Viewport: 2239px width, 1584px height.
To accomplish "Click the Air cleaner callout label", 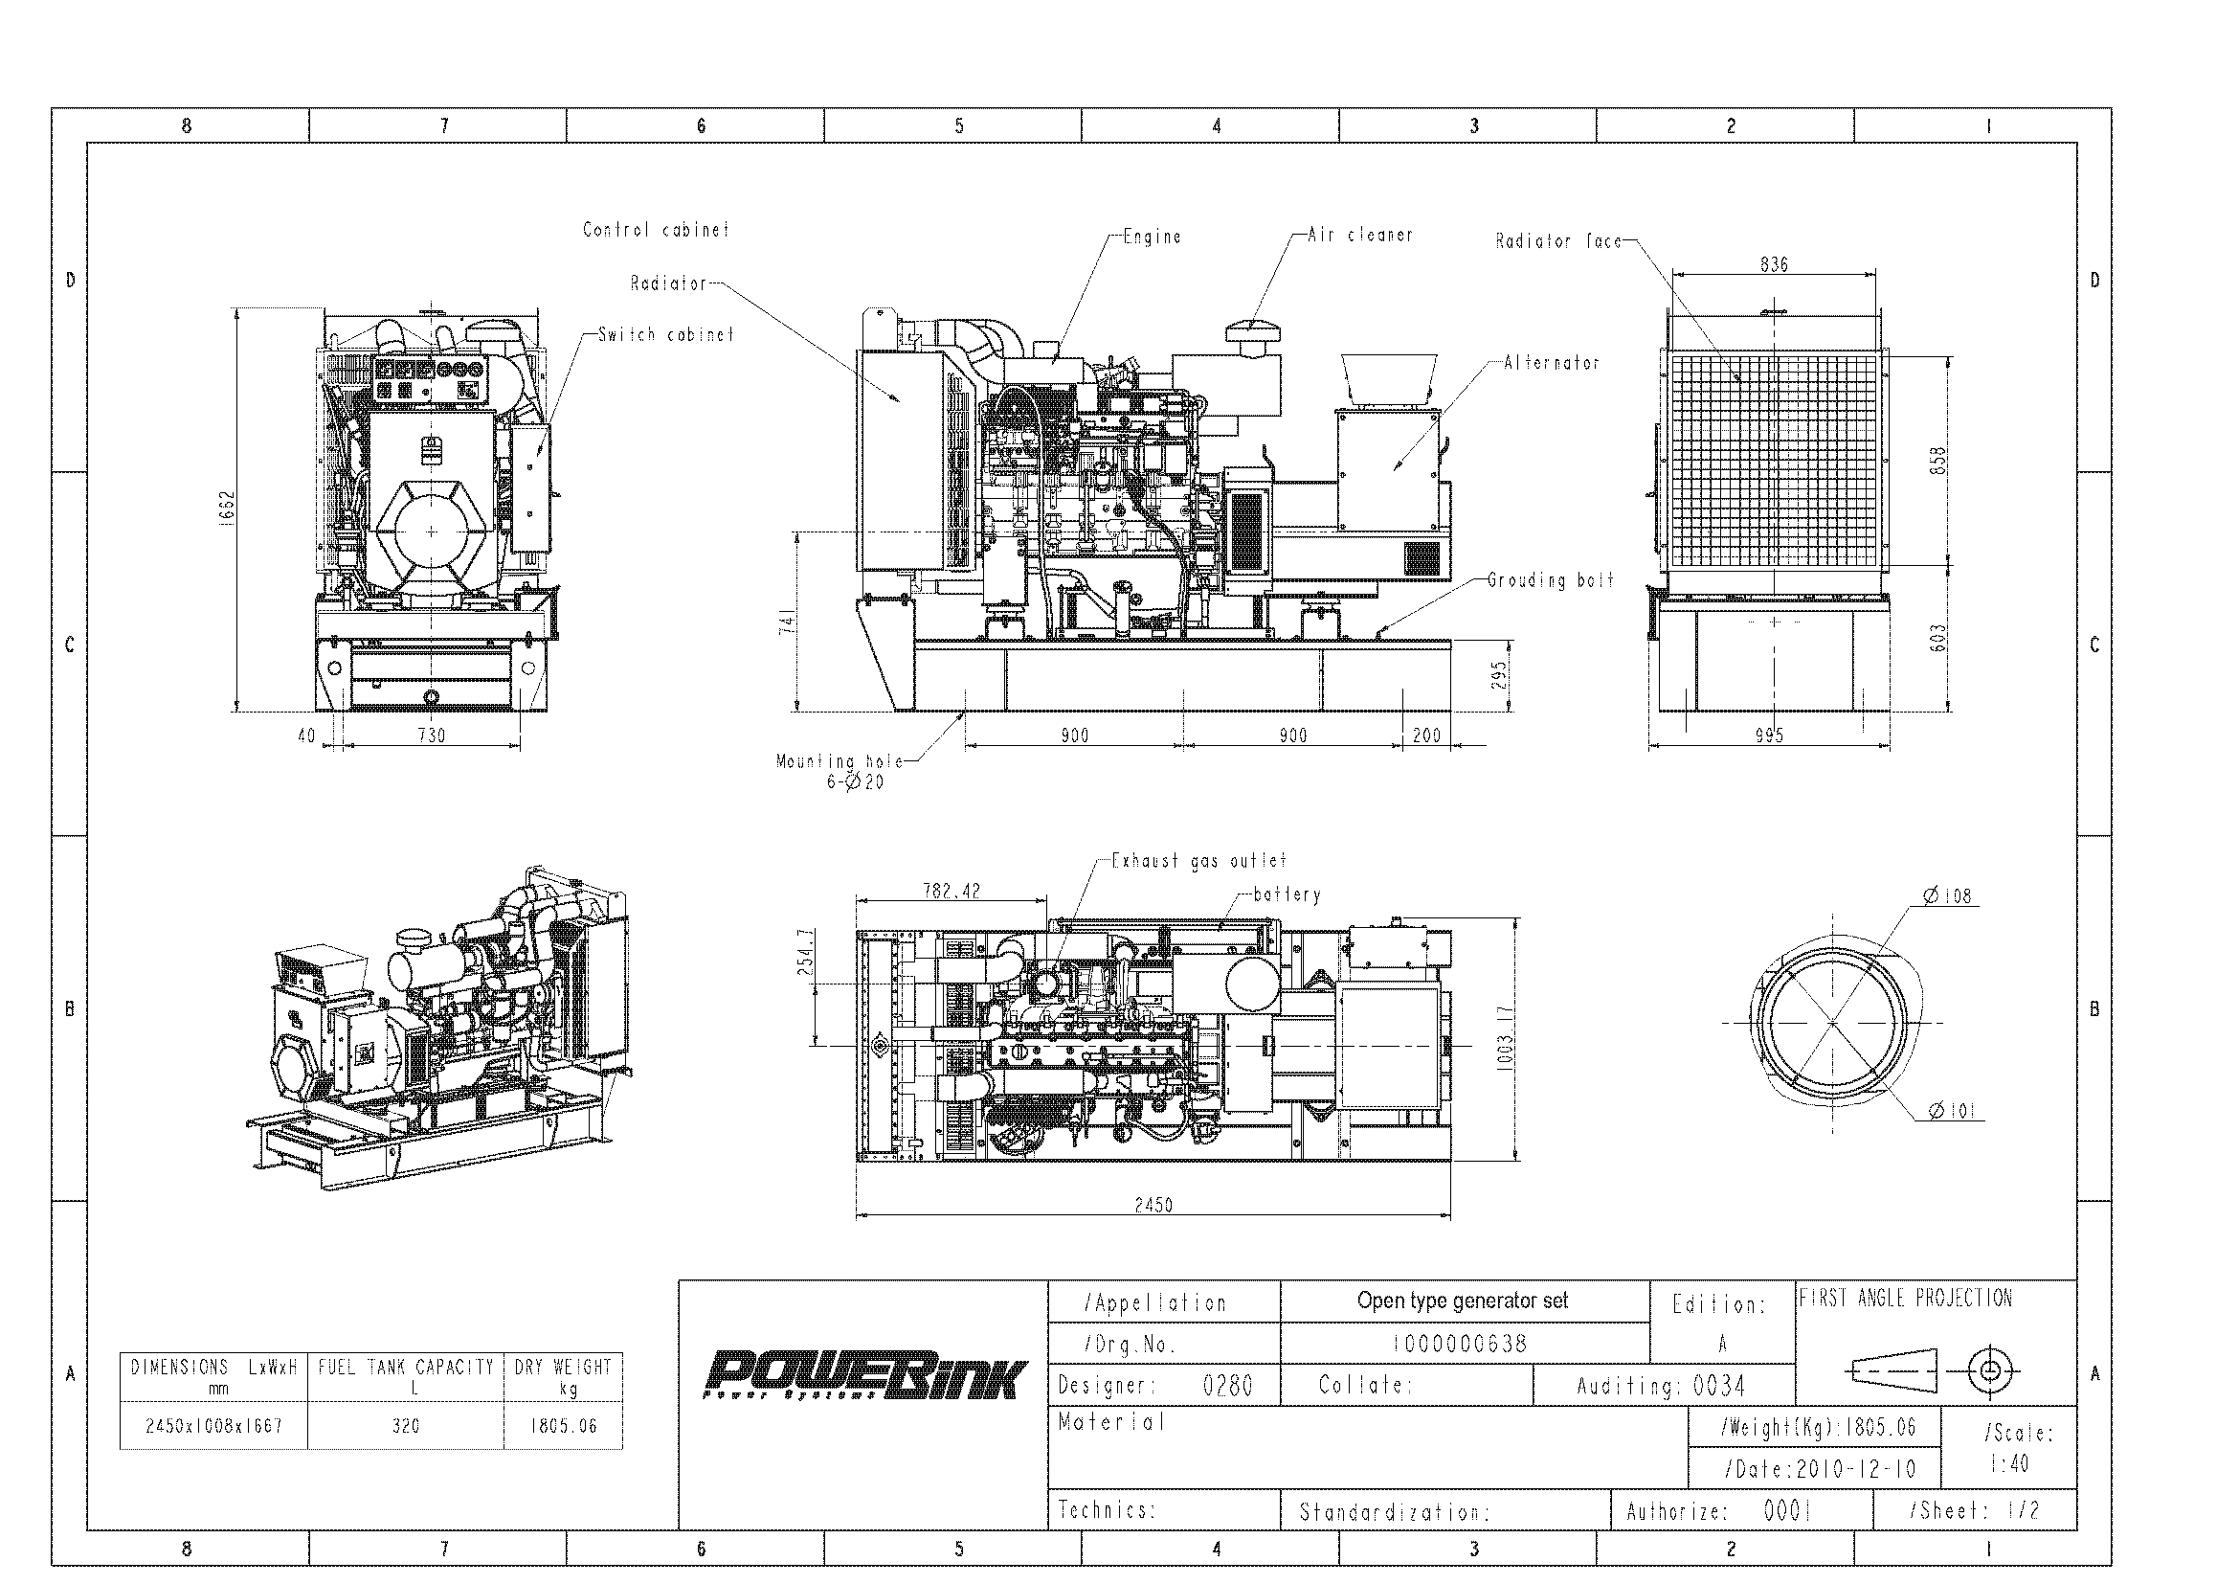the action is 1359,234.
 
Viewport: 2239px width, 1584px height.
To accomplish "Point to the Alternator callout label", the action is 1552,363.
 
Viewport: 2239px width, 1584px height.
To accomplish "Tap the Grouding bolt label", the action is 1551,580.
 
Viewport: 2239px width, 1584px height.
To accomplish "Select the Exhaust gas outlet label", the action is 1198,860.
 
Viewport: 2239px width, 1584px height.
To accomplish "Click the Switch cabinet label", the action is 665,334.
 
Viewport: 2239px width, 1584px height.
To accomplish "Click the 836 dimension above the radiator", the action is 1774,264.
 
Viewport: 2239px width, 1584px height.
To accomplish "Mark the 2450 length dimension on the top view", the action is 1153,1205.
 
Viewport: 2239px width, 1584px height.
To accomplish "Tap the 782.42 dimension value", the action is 951,891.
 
